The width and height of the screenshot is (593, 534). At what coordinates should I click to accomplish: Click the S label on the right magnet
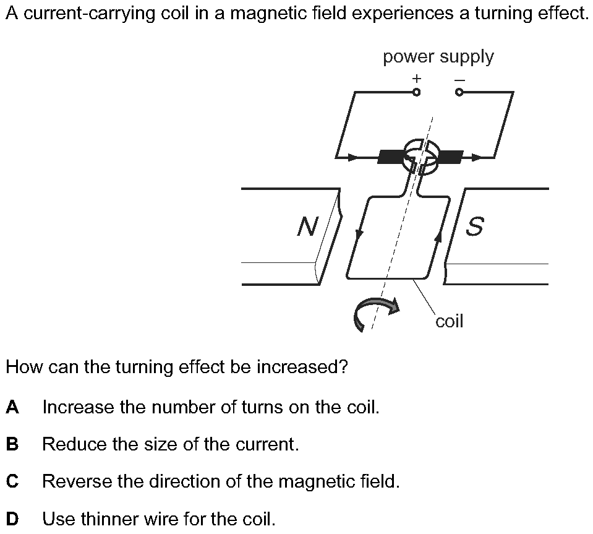[474, 227]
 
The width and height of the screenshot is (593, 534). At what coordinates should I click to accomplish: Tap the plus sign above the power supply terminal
[417, 79]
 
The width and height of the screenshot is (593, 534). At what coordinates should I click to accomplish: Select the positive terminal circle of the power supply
[417, 93]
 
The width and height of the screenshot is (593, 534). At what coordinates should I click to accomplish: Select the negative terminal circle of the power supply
[459, 93]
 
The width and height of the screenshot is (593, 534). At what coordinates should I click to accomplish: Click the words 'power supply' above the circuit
[438, 57]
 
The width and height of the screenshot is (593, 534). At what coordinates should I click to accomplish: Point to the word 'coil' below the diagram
[449, 321]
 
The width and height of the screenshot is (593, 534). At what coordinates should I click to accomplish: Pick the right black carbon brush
[450, 157]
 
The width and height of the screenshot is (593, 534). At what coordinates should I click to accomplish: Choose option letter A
[12, 407]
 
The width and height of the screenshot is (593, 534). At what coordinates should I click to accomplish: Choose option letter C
[12, 481]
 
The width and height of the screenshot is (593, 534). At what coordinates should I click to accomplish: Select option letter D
[12, 519]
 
